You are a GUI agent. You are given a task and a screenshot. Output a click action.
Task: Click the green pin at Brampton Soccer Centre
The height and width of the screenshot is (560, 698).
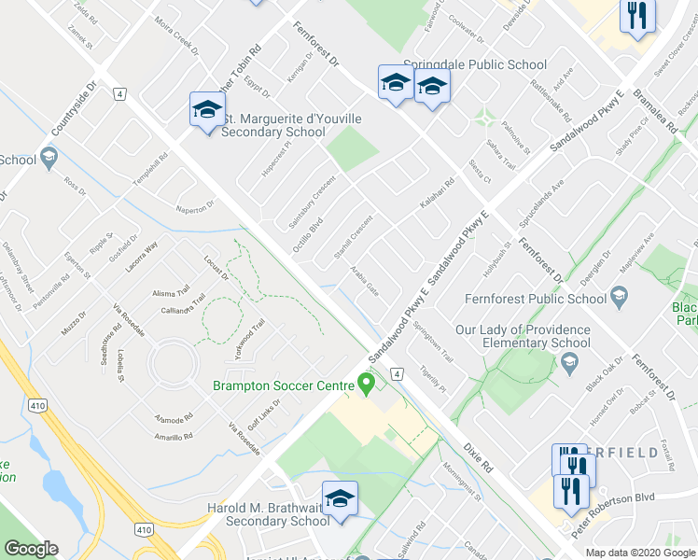368,382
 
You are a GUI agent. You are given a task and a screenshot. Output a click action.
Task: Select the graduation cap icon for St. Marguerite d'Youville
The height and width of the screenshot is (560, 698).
206,111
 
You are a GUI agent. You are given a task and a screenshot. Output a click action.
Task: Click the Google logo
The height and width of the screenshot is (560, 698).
31,548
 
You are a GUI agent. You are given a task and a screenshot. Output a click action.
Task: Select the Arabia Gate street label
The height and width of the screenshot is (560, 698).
364,280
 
